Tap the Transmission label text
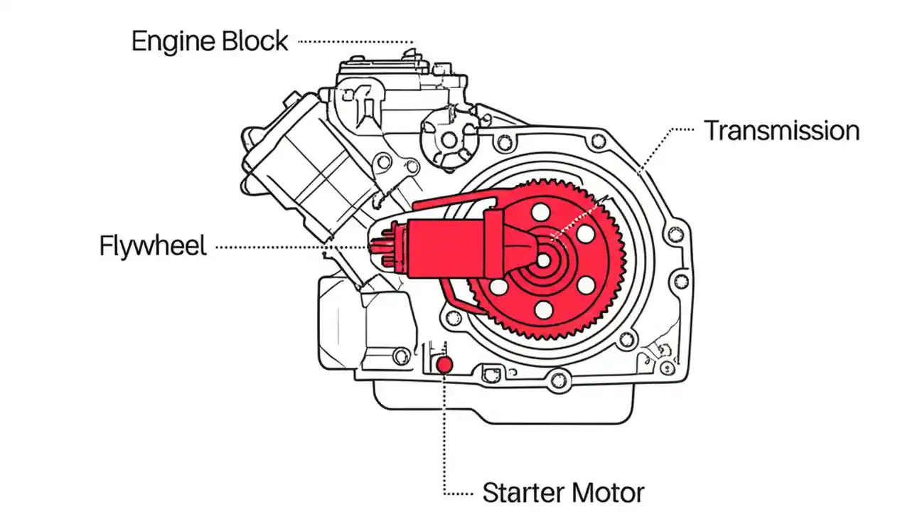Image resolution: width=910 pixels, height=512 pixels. point(781,131)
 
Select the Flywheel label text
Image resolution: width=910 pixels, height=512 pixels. point(153,247)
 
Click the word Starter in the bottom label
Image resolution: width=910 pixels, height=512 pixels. point(524,492)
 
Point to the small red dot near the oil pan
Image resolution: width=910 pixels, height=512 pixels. point(444,365)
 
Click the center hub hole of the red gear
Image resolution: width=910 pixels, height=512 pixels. point(543,261)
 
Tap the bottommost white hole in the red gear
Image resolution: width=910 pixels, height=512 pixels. point(544,309)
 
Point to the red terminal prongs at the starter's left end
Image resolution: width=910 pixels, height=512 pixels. point(379,247)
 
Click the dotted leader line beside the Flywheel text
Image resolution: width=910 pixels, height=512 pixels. point(270,247)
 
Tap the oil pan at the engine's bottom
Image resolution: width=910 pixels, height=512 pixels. point(498,398)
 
